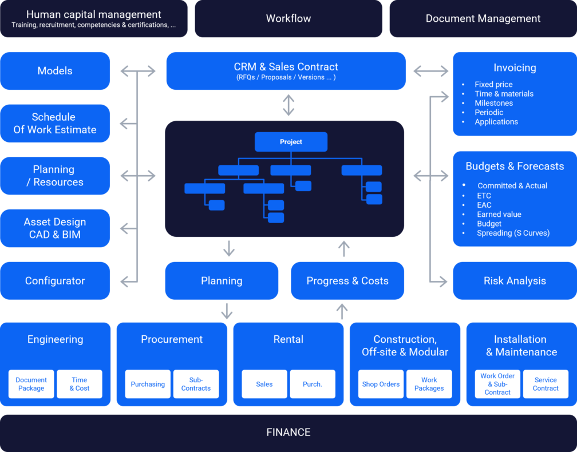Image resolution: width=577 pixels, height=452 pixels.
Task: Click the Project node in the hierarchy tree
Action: click(291, 142)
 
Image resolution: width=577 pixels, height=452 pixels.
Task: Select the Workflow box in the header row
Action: click(288, 18)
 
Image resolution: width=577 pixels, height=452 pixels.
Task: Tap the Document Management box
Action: click(483, 18)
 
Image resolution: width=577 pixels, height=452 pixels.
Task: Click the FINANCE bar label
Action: click(288, 432)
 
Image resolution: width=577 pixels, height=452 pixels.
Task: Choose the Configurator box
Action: click(55, 281)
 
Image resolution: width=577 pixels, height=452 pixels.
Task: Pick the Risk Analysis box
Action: click(514, 281)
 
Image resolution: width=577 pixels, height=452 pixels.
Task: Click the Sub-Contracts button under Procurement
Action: click(196, 384)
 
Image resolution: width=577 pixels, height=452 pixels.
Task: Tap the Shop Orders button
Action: click(381, 384)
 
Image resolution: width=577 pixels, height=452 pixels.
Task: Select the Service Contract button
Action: click(546, 384)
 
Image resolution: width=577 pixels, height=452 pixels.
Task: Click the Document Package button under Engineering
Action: click(31, 384)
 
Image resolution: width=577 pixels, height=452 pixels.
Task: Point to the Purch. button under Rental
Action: click(312, 384)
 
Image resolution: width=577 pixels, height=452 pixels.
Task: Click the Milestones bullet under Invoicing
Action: click(493, 103)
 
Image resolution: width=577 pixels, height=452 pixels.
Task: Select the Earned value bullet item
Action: click(499, 215)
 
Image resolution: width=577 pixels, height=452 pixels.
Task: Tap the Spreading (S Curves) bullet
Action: click(513, 233)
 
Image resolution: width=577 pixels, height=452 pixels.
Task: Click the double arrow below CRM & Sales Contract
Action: click(288, 105)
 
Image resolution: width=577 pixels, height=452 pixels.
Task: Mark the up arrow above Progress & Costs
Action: click(343, 249)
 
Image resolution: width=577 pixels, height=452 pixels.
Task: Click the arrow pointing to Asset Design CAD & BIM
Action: click(127, 228)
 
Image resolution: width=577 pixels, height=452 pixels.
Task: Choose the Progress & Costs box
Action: click(347, 281)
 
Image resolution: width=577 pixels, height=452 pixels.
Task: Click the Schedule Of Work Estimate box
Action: click(55, 124)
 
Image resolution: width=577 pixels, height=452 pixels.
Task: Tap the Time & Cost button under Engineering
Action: click(80, 384)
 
